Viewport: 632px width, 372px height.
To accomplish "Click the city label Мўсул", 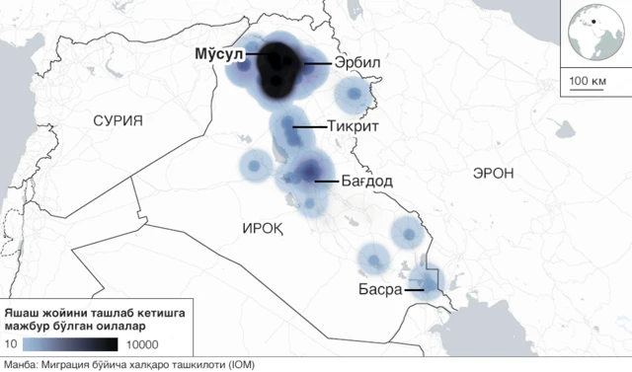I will point(217,55).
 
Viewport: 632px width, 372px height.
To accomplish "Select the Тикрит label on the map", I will point(352,127).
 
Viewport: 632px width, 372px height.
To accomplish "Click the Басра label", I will point(380,290).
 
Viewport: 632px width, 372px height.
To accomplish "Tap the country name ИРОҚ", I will point(264,228).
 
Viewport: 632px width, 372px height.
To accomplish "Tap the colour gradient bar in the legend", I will point(69,343).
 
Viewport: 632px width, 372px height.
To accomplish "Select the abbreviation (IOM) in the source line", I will point(240,365).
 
